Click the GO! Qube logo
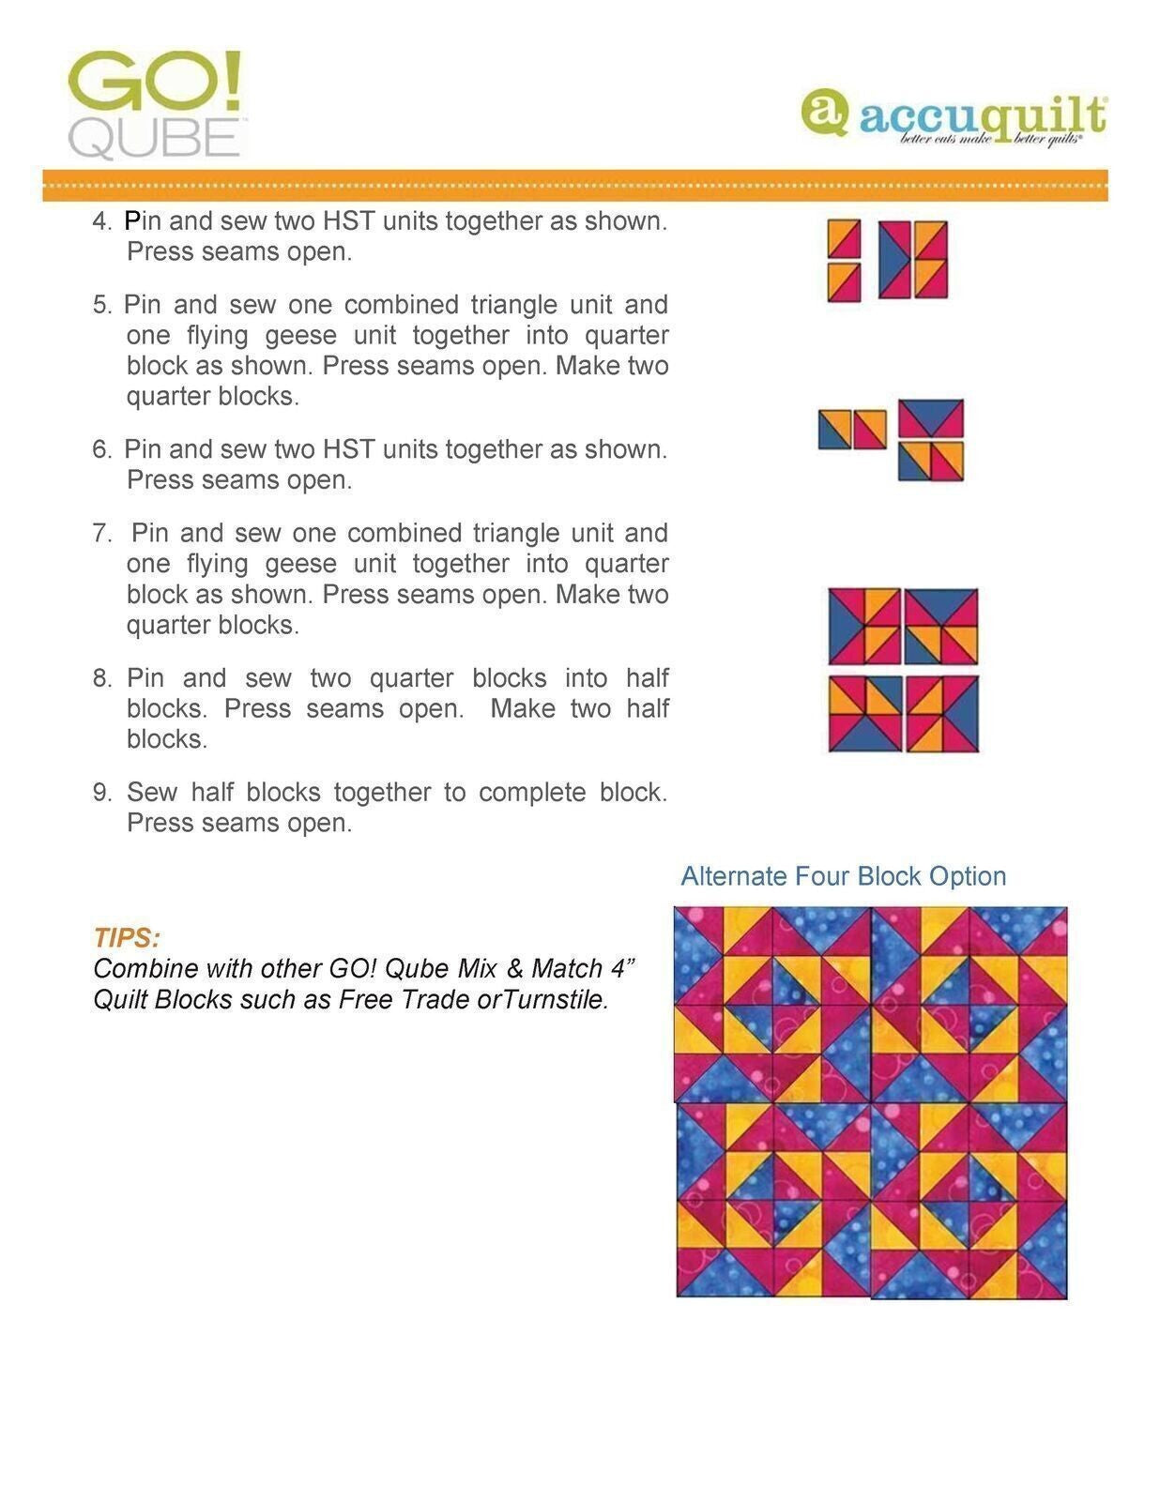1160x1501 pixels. [x=156, y=103]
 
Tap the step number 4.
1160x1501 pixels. [x=102, y=222]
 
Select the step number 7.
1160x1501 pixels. [x=102, y=534]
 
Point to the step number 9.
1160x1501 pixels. [x=102, y=793]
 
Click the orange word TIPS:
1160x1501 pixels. [x=127, y=937]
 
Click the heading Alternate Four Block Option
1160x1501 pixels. [x=843, y=875]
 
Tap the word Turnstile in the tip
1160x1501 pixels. [x=554, y=999]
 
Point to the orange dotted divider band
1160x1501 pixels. [x=574, y=185]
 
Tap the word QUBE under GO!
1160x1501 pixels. [x=155, y=139]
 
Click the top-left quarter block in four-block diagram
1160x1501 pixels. [x=864, y=626]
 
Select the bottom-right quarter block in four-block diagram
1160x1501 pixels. [x=941, y=713]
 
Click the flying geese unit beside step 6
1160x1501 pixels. [x=931, y=418]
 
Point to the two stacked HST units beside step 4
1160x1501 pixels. [x=844, y=261]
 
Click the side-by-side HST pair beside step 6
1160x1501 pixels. [x=852, y=430]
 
